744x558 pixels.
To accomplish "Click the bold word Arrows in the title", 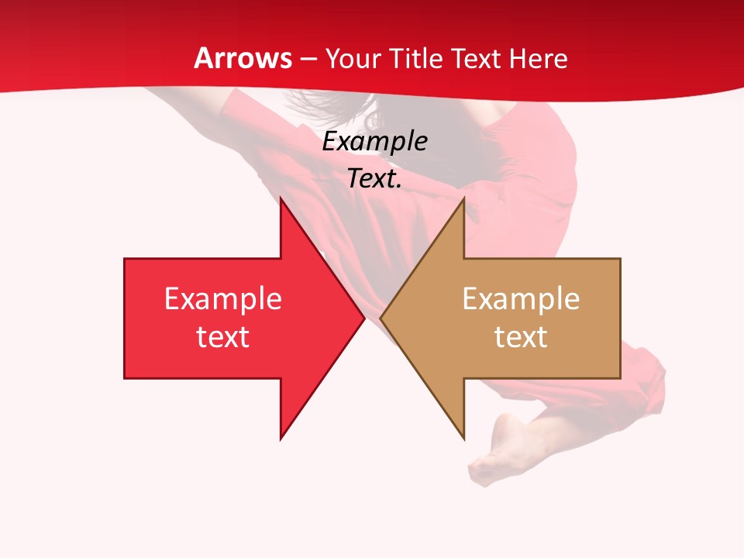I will pyautogui.click(x=243, y=58).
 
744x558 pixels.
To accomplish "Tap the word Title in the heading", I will pyautogui.click(x=415, y=58).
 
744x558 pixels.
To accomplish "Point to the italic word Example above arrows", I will pyautogui.click(x=375, y=142).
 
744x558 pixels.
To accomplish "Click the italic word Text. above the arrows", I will pyautogui.click(x=375, y=179).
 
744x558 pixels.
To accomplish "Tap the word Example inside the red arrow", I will pyautogui.click(x=223, y=299).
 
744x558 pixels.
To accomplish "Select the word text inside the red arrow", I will pyautogui.click(x=223, y=337).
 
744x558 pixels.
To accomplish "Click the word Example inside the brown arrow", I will pyautogui.click(x=521, y=299).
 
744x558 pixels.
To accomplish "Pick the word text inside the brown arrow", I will pyautogui.click(x=521, y=337).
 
